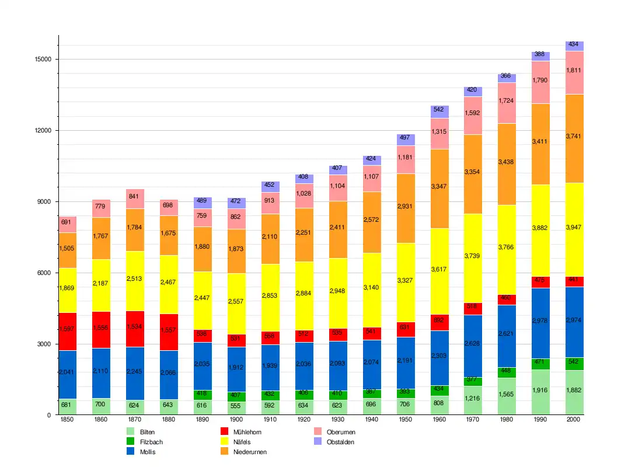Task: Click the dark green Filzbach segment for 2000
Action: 574,364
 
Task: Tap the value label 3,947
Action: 574,227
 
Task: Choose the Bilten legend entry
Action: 140,431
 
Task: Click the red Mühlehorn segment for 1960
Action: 439,322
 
